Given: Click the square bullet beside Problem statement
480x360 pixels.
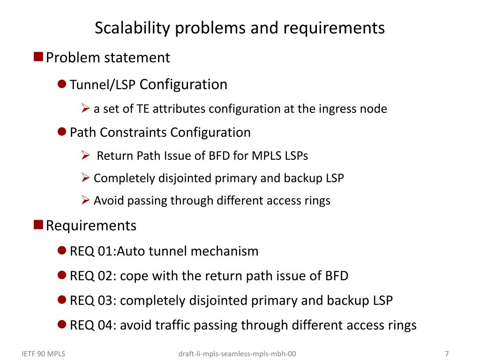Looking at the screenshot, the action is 38,57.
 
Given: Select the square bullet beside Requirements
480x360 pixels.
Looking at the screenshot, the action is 38,225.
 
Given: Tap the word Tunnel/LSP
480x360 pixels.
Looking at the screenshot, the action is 103,85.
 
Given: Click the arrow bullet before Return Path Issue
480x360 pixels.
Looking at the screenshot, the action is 85,155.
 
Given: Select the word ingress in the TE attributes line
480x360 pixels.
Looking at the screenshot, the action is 337,109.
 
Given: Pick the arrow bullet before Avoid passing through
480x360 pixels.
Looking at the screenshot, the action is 85,200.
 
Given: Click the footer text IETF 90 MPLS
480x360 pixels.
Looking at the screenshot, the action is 44,354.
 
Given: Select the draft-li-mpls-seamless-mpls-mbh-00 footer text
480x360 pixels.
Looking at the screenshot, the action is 238,354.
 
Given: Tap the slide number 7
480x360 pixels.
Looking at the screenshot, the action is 447,354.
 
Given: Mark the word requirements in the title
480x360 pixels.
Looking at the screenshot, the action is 334,28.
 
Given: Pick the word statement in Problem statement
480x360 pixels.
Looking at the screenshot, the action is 137,58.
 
